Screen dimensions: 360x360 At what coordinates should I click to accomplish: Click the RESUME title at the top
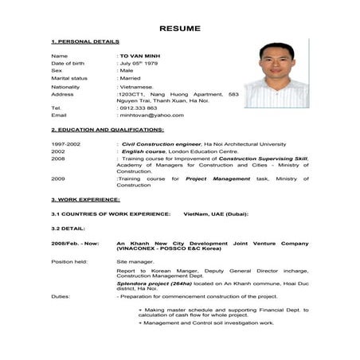[x=180, y=27]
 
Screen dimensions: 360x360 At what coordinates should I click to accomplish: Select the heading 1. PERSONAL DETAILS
[x=85, y=41]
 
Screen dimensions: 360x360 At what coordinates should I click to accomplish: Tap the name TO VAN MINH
[x=140, y=56]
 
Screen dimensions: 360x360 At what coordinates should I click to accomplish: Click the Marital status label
[x=69, y=78]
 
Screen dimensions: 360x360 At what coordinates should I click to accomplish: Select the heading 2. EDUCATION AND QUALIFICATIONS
[x=108, y=129]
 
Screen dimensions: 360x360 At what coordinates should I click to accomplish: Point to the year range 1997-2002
[x=66, y=143]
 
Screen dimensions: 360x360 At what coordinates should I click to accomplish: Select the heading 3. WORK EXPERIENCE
[x=85, y=199]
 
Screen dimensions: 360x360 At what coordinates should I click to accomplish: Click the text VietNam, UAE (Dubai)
[x=217, y=213]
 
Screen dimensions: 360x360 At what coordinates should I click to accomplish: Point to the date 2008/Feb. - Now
[x=75, y=242]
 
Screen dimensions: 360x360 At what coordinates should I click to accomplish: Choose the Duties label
[x=61, y=295]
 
